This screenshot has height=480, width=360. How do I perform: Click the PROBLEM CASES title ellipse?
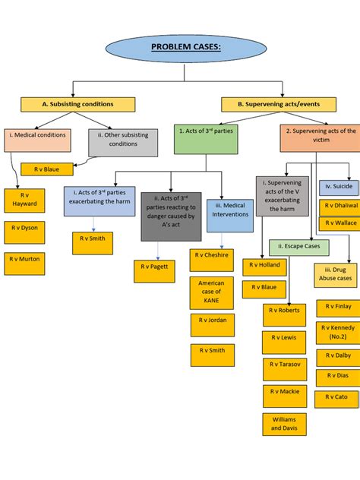point(185,48)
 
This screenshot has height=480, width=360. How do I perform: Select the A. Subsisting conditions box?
point(77,104)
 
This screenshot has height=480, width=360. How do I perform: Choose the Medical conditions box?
point(37,139)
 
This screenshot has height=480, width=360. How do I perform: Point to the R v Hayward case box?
point(24,200)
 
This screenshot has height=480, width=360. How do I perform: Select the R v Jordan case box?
point(212,325)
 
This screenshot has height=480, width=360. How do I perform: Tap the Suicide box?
point(339,186)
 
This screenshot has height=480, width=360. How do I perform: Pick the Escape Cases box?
point(298,247)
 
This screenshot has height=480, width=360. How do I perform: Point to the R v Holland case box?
point(264,266)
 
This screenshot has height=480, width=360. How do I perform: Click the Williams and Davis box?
point(285,424)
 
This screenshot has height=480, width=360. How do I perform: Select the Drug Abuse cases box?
point(336,275)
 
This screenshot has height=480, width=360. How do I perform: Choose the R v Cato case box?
point(337,397)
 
